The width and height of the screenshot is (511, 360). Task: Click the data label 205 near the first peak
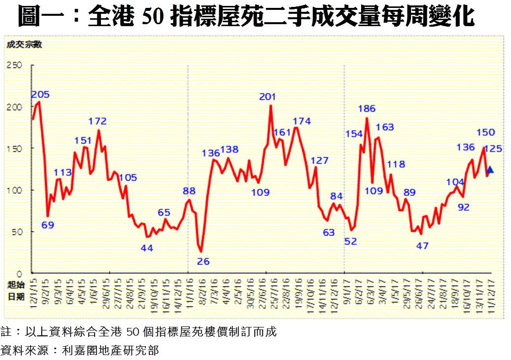click(x=40, y=95)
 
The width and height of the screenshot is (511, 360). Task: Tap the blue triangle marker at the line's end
click(x=490, y=170)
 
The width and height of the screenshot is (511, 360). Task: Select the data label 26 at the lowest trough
click(x=203, y=261)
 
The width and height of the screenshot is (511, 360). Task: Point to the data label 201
click(x=267, y=97)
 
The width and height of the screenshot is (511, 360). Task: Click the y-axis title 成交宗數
click(x=24, y=45)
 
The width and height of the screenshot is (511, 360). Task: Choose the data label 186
click(x=367, y=108)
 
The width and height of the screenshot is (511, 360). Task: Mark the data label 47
click(x=422, y=245)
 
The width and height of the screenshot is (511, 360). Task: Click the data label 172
click(x=98, y=121)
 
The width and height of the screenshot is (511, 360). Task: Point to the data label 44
click(x=147, y=248)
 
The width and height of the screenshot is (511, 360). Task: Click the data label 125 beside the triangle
click(x=493, y=148)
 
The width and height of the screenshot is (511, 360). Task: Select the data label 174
click(x=302, y=121)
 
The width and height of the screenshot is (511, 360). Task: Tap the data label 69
click(x=47, y=225)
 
